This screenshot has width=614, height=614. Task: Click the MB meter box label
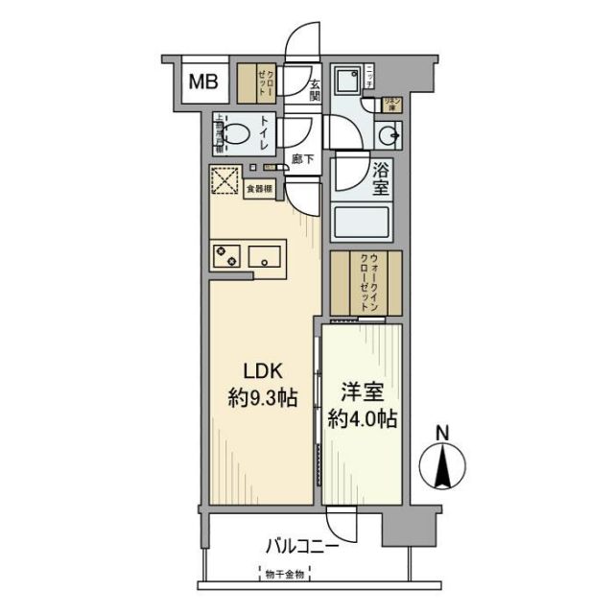coord(201,83)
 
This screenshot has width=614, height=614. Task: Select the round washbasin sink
coord(389,134)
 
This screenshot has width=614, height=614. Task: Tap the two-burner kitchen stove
coord(228,256)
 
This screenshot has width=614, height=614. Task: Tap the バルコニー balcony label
coord(300,548)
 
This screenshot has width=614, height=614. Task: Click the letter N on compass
coord(441,434)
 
